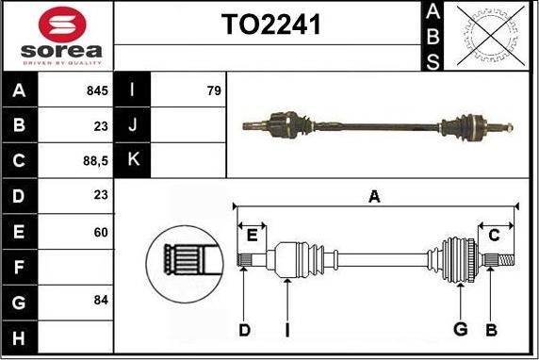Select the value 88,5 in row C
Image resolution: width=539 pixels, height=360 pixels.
(96, 161)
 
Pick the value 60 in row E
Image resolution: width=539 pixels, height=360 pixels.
(101, 231)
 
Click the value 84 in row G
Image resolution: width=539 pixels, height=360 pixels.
(101, 301)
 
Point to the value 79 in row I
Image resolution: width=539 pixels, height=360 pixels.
(213, 91)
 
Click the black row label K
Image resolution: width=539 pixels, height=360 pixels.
(132, 160)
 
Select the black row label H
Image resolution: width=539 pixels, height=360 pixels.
(18, 335)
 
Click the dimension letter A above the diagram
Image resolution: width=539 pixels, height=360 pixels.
(374, 197)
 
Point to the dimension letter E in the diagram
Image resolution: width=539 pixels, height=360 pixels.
(252, 234)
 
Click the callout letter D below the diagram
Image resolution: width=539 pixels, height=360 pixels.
(243, 329)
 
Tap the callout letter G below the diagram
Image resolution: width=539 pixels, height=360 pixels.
(460, 329)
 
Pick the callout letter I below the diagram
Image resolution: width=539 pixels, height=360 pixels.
(286, 329)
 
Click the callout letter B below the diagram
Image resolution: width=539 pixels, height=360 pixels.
(491, 329)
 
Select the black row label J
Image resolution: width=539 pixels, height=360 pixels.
(132, 125)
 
